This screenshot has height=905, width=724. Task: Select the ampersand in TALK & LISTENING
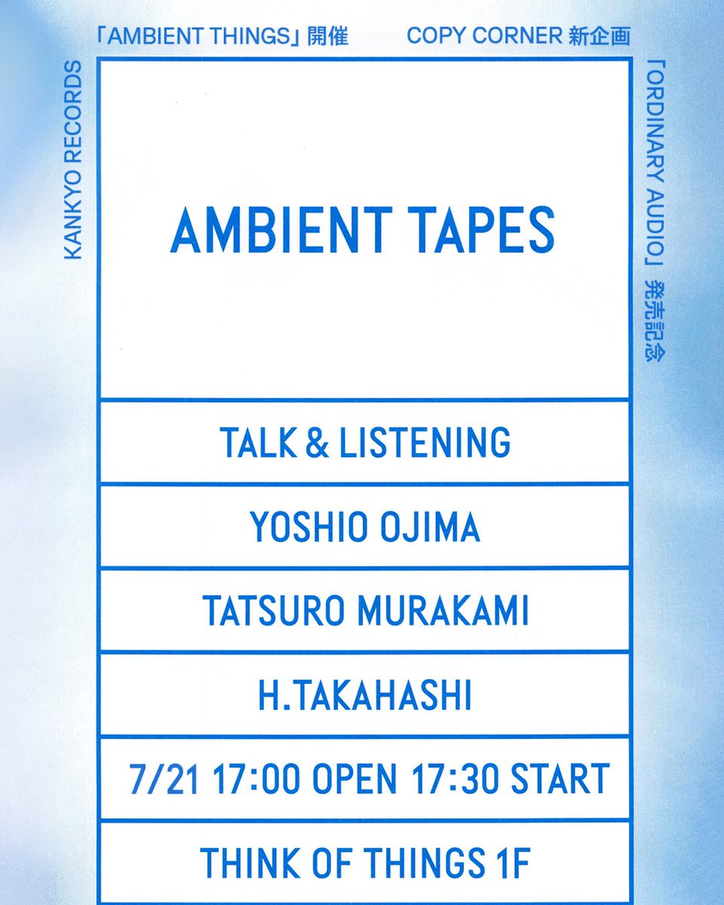[318, 443]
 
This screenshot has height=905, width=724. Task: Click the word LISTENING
[425, 443]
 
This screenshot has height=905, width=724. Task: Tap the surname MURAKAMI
[443, 612]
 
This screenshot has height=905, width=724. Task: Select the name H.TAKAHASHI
[365, 697]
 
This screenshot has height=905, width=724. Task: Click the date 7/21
[164, 780]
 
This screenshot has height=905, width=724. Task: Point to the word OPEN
[355, 780]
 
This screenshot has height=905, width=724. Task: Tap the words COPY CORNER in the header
[485, 36]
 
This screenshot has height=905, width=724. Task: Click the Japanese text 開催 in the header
[328, 36]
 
